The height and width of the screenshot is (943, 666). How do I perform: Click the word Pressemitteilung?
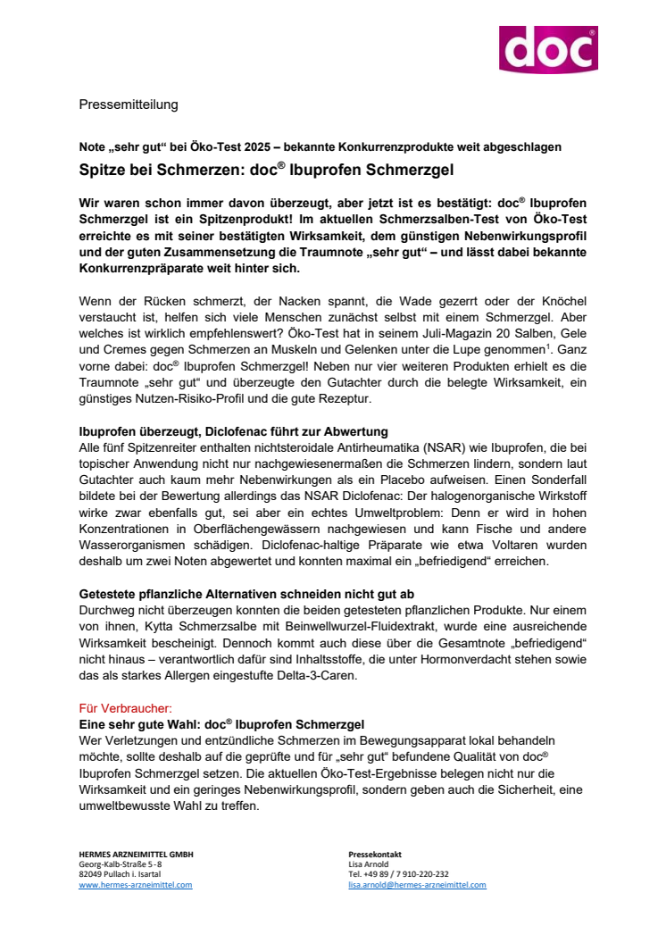(x=129, y=104)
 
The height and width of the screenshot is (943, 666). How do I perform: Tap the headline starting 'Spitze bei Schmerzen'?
(x=239, y=167)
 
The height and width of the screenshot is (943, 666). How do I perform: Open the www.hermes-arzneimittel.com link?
(x=136, y=885)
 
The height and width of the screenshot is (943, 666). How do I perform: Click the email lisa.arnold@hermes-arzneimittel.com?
(x=417, y=885)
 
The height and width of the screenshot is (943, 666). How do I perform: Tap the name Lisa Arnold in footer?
(x=369, y=864)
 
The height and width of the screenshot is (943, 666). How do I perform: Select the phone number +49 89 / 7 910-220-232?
(x=398, y=874)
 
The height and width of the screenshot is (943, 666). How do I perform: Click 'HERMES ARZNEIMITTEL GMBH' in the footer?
(x=136, y=855)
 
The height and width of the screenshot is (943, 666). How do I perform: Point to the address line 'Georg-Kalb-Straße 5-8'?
(x=121, y=864)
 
